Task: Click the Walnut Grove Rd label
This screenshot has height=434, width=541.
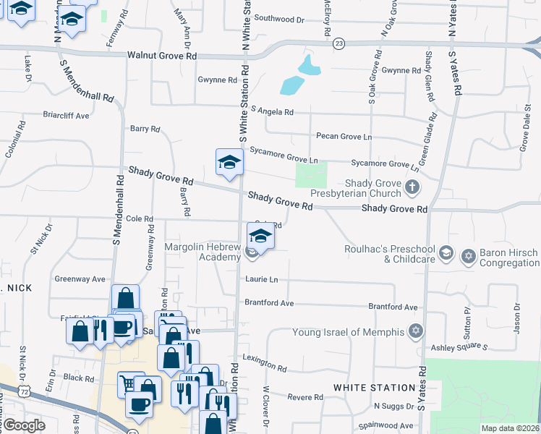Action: tap(162, 55)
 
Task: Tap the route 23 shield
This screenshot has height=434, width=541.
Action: tap(339, 44)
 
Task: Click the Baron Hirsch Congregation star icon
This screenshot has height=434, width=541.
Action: tap(468, 256)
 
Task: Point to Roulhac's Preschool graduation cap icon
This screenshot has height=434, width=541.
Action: tap(446, 252)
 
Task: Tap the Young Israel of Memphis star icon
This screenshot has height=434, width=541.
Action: tap(415, 332)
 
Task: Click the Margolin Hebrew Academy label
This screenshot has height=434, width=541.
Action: tap(203, 252)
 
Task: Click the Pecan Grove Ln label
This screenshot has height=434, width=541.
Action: tap(344, 136)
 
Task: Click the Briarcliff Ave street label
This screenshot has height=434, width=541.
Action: tap(66, 115)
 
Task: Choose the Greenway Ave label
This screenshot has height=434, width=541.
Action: tap(80, 278)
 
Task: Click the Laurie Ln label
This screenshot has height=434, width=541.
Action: tap(261, 279)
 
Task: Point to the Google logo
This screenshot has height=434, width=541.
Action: tap(24, 425)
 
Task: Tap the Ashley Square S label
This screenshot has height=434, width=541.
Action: tap(465, 347)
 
